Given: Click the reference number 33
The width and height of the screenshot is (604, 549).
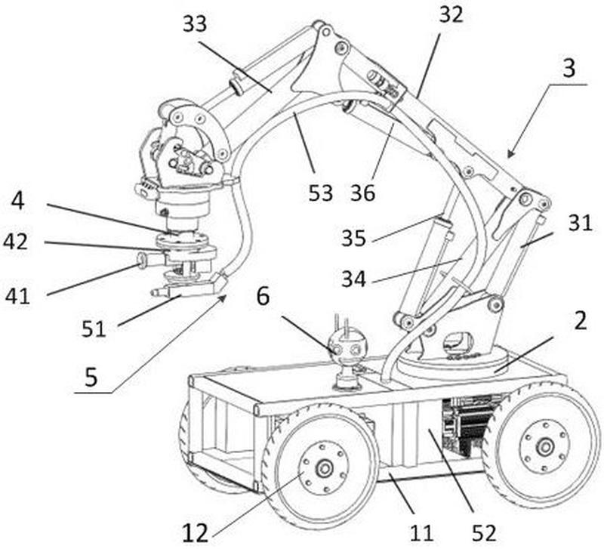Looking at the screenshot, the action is (x=195, y=23).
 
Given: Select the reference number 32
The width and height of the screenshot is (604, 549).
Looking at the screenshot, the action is (x=451, y=15).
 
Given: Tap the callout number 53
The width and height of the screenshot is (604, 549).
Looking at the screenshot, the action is (x=320, y=193).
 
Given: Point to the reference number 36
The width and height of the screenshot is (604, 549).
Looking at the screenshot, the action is (x=362, y=193).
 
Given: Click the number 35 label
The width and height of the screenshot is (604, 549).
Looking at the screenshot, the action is (x=353, y=238).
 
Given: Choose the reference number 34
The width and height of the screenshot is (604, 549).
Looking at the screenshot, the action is (x=353, y=279).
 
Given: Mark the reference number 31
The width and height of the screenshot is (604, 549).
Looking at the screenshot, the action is (x=580, y=223).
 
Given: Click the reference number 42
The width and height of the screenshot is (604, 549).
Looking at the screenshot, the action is (x=15, y=242).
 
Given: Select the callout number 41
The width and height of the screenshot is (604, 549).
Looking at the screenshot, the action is (x=17, y=297).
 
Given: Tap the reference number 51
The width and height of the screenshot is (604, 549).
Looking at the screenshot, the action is (x=94, y=329).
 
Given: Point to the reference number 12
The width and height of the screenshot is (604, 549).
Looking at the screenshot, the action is (x=195, y=534).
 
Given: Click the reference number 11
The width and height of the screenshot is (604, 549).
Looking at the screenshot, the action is (x=421, y=534).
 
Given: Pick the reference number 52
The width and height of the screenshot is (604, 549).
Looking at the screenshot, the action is (x=484, y=534).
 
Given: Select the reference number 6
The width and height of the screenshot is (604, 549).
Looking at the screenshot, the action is (x=263, y=297).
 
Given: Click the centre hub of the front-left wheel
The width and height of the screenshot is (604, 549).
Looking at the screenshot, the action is (x=324, y=468).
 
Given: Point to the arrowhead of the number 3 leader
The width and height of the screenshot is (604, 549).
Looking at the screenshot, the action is (x=509, y=155).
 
